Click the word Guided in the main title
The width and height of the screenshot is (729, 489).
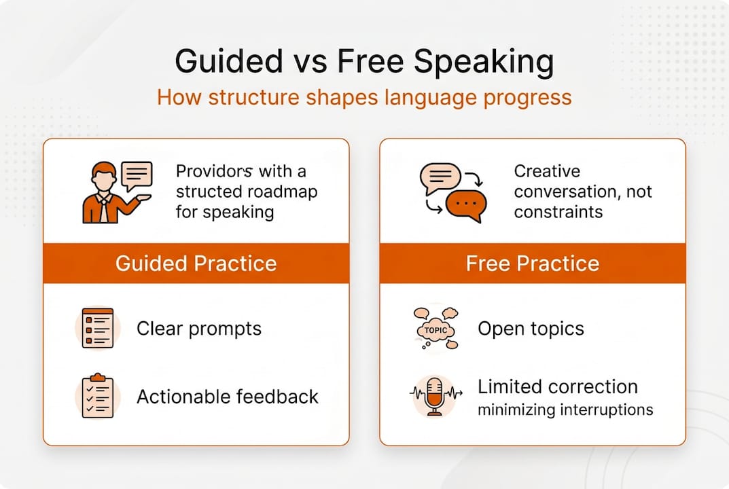click(x=229, y=61)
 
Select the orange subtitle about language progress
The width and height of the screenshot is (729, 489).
click(x=364, y=98)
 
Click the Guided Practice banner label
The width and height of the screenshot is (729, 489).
click(x=196, y=264)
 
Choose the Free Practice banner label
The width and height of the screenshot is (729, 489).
click(x=533, y=264)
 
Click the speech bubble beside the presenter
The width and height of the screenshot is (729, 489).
click(x=137, y=176)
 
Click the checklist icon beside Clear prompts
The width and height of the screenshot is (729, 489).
click(x=98, y=328)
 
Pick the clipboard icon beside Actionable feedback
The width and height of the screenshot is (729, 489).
click(x=98, y=395)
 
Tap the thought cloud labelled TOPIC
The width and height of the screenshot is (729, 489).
click(x=435, y=329)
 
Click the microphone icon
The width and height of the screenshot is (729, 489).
click(x=435, y=397)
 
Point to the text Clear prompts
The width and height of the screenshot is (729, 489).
click(x=199, y=329)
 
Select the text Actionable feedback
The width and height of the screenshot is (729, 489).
click(x=228, y=397)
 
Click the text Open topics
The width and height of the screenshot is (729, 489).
click(x=531, y=329)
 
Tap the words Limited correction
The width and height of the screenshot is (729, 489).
click(x=558, y=386)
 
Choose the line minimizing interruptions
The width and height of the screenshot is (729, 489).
click(x=565, y=410)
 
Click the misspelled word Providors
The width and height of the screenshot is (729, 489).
click(x=214, y=171)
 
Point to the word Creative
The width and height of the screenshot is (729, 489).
click(x=547, y=171)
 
